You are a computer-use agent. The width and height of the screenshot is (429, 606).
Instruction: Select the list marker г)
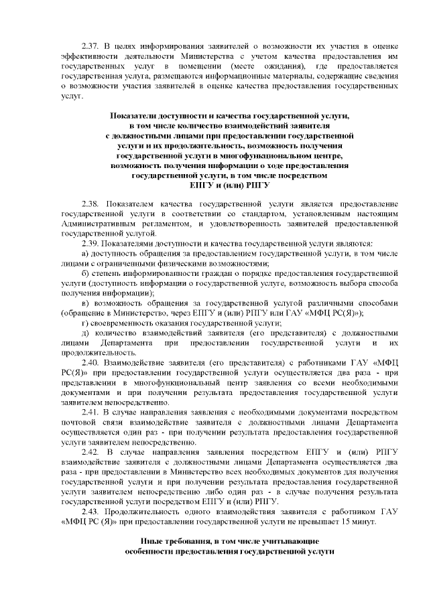(84, 322)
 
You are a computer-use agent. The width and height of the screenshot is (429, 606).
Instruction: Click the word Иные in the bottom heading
(152, 540)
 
